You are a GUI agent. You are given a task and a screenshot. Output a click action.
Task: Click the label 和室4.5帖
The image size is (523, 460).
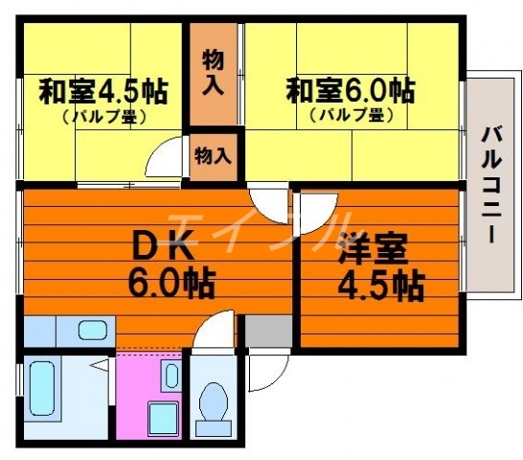(102, 93)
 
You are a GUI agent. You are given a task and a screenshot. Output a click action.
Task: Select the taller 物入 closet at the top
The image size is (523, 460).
(213, 74)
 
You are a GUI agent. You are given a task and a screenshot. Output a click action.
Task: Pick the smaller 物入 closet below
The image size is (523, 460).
(213, 153)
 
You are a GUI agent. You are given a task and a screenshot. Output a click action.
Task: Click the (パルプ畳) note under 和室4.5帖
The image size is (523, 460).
(102, 118)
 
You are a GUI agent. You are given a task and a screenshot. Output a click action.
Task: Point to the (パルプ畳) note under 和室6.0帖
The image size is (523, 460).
(352, 117)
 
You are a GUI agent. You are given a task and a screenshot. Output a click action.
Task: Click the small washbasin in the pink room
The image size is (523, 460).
(171, 374)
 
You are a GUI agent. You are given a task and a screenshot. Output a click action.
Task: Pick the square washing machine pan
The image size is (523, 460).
(160, 418)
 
